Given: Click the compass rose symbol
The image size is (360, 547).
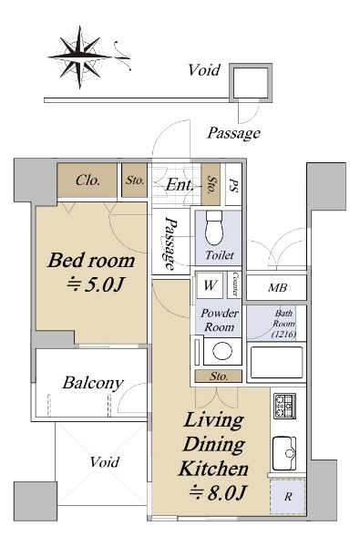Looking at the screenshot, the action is point(79,57).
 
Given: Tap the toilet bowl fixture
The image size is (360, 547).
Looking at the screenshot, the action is point(214,227).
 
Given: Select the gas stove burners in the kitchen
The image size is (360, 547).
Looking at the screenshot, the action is point(284,406).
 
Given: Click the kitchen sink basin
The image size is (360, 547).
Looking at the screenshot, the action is point(284,453).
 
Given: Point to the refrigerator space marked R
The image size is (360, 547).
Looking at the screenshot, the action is point(288,497).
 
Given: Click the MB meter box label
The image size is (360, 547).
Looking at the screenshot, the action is point(278,288).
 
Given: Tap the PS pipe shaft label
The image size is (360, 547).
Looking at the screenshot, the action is point(233,184).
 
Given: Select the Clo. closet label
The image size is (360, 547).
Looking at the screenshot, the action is point(87,181).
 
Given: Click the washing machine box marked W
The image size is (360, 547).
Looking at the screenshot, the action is point(210,285).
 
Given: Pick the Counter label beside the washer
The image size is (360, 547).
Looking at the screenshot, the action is point(235,284).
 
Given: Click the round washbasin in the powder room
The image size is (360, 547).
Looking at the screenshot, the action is point(222,351).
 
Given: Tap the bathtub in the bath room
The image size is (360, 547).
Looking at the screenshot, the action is point(277,362).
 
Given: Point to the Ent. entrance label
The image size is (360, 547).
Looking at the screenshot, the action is point(180,184).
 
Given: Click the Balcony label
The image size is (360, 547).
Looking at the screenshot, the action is point(93,383).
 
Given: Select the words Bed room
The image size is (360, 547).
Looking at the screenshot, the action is point(91,261).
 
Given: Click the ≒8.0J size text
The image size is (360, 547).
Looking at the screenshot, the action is point(218,493).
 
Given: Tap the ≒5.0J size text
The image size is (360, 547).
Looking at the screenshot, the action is point(95,284).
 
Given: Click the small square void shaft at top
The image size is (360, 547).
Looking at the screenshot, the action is point(251,83).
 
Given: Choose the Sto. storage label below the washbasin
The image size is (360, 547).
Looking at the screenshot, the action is point(219,377).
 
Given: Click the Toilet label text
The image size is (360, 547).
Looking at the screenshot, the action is point(220,255).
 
